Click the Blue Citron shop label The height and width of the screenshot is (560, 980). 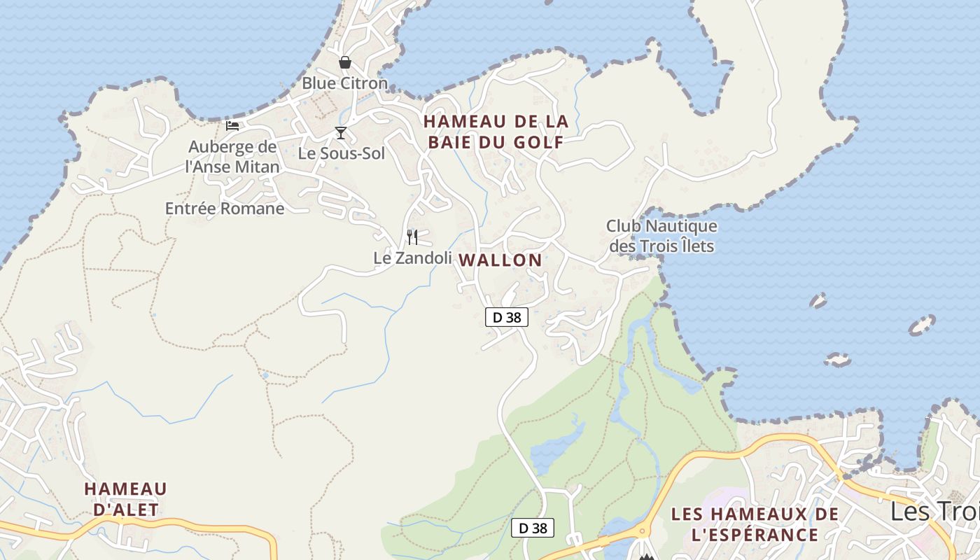coord(344,83)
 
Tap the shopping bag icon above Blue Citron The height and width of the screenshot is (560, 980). coord(345,62)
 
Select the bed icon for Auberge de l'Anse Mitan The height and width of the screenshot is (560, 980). coord(232,126)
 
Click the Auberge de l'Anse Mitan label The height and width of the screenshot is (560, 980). coord(232,157)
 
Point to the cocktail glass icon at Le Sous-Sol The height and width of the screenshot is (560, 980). coord(341,133)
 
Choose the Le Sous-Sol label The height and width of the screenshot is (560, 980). coord(342,153)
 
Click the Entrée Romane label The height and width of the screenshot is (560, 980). coord(225,208)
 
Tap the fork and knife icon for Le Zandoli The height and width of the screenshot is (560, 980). coord(412,237)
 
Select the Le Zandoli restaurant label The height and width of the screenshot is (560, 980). coord(412,258)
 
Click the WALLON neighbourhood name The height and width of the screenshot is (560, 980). coord(500,260)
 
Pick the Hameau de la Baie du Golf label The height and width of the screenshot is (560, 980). coord(496,132)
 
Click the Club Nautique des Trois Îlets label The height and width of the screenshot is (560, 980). coord(662,236)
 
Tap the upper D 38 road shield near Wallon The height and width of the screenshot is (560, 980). coord(507,317)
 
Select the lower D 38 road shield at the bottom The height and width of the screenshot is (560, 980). coord(532,528)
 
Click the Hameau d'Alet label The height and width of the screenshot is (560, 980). coord(126,498)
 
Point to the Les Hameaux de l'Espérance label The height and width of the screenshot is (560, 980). coord(755,524)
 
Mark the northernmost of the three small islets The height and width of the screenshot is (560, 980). coord(818,301)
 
